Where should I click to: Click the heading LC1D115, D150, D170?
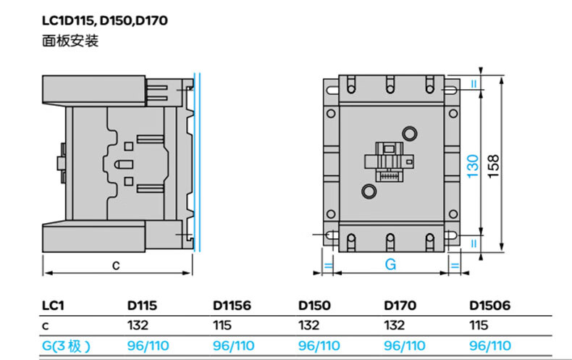pyautogui.click(x=105, y=20)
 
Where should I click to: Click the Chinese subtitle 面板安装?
pyautogui.click(x=70, y=41)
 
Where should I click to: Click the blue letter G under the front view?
pyautogui.click(x=390, y=264)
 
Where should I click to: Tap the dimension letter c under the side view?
pyautogui.click(x=116, y=264)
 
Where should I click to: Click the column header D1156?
pyautogui.click(x=232, y=306)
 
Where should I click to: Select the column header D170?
pyautogui.click(x=400, y=306)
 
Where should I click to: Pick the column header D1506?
pyautogui.click(x=490, y=306)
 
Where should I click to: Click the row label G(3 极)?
pyautogui.click(x=66, y=346)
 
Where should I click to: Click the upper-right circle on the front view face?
pyautogui.click(x=409, y=133)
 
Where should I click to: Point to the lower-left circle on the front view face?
pyautogui.click(x=369, y=191)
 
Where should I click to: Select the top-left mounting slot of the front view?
pyautogui.click(x=330, y=91)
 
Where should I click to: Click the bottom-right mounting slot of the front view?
pyautogui.click(x=450, y=235)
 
